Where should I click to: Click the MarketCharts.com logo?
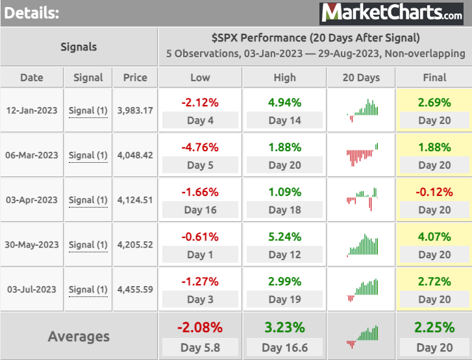[392, 12]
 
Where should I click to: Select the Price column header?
[135, 77]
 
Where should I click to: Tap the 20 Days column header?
[361, 77]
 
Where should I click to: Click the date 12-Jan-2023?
[32, 110]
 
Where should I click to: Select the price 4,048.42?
[135, 155]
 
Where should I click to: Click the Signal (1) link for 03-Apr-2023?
[88, 200]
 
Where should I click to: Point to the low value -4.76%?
[200, 147]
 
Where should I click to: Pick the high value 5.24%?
[284, 237]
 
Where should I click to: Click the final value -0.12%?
[434, 192]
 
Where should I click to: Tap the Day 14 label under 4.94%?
[284, 121]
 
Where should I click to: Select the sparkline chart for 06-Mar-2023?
[361, 155]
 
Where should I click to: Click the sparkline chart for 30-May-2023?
[361, 245]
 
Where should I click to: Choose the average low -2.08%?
[200, 327]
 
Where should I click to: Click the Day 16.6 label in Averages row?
[284, 348]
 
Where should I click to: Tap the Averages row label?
[79, 337]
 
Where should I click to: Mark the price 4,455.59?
[135, 289]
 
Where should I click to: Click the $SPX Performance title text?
[315, 38]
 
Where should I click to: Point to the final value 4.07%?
[434, 237]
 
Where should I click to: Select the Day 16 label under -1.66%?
[200, 210]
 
